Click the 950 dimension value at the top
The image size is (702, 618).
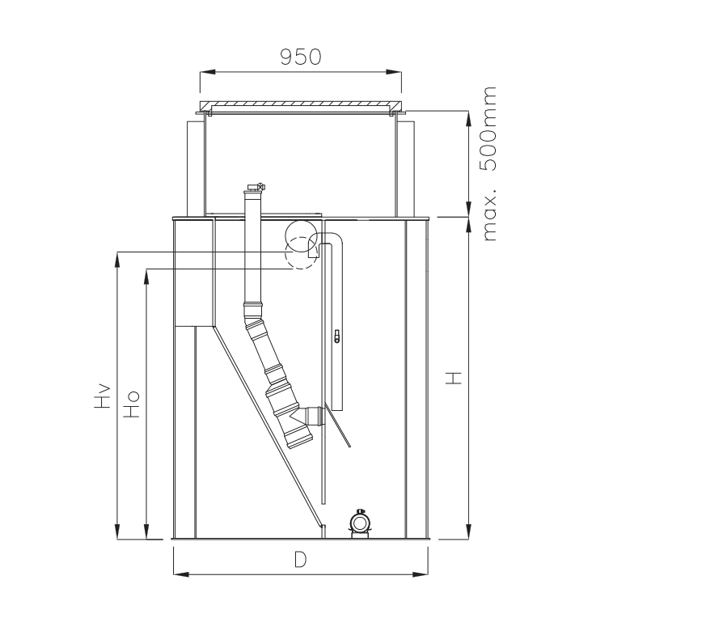pos(300,56)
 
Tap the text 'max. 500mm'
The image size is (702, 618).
pos(491,163)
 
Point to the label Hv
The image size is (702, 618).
pos(101,396)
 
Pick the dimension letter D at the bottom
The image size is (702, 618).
pos(300,561)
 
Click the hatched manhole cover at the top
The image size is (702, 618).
pos(300,105)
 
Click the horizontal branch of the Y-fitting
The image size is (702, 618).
pos(315,417)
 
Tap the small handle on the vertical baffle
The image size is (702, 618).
pos(336,336)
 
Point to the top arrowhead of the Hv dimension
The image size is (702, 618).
pos(118,258)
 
